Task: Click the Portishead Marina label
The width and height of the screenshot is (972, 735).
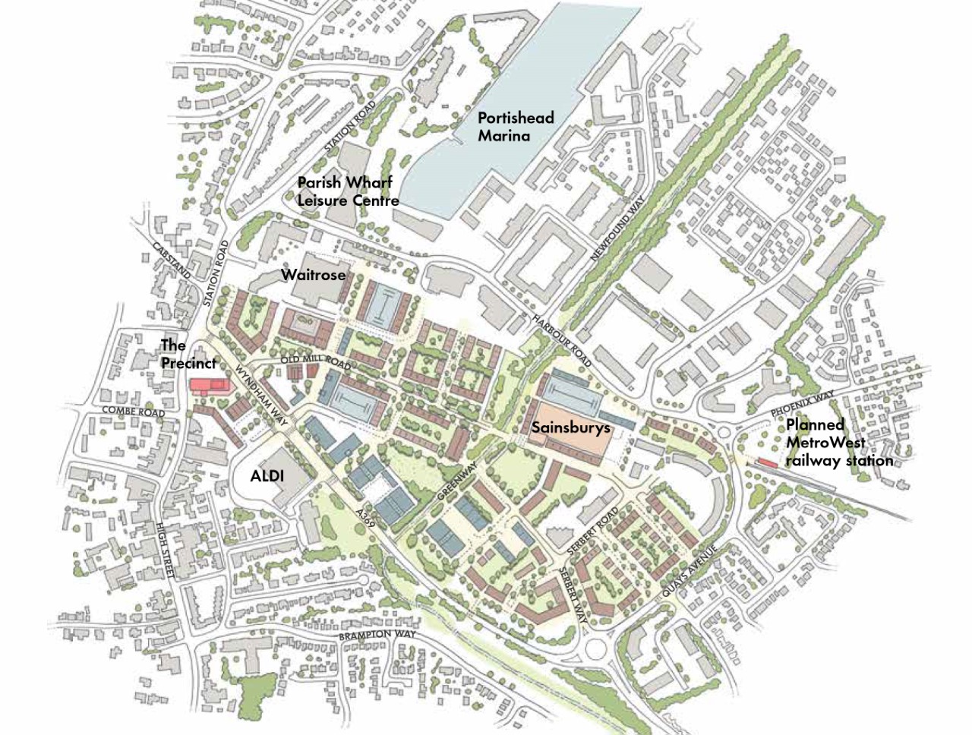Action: tap(516, 127)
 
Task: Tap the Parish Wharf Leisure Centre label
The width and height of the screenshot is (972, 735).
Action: tap(348, 192)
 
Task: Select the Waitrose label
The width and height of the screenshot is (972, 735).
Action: tap(313, 275)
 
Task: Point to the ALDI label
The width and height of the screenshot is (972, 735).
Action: tap(267, 476)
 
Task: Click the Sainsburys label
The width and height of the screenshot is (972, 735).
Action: tap(570, 428)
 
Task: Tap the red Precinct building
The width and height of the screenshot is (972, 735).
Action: tap(208, 385)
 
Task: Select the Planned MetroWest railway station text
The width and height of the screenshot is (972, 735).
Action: tap(838, 443)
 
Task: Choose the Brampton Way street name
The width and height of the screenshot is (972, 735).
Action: tap(377, 635)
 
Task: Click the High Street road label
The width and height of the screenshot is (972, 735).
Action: tap(164, 550)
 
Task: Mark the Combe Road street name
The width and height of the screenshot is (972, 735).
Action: tap(133, 412)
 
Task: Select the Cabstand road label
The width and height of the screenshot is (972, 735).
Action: tap(171, 260)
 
